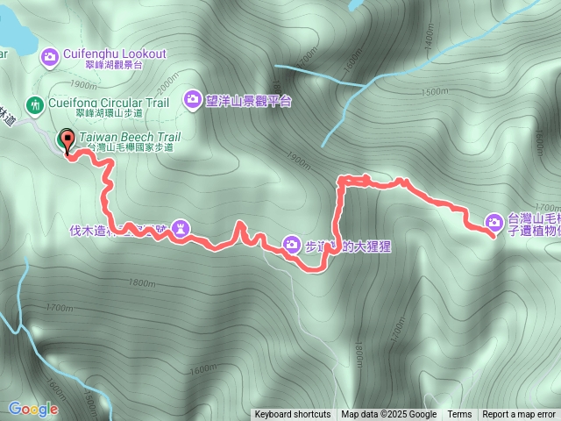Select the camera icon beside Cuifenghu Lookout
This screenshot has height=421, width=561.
click(x=50, y=57)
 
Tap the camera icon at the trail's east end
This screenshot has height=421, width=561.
click(x=494, y=223)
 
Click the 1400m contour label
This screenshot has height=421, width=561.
click(x=429, y=38)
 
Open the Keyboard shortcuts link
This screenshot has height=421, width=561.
click(x=293, y=415)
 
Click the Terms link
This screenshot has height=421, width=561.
click(x=459, y=415)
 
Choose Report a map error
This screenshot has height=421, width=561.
click(x=520, y=415)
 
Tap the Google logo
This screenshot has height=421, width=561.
click(x=33, y=409)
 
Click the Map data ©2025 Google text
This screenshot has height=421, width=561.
click(x=389, y=415)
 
